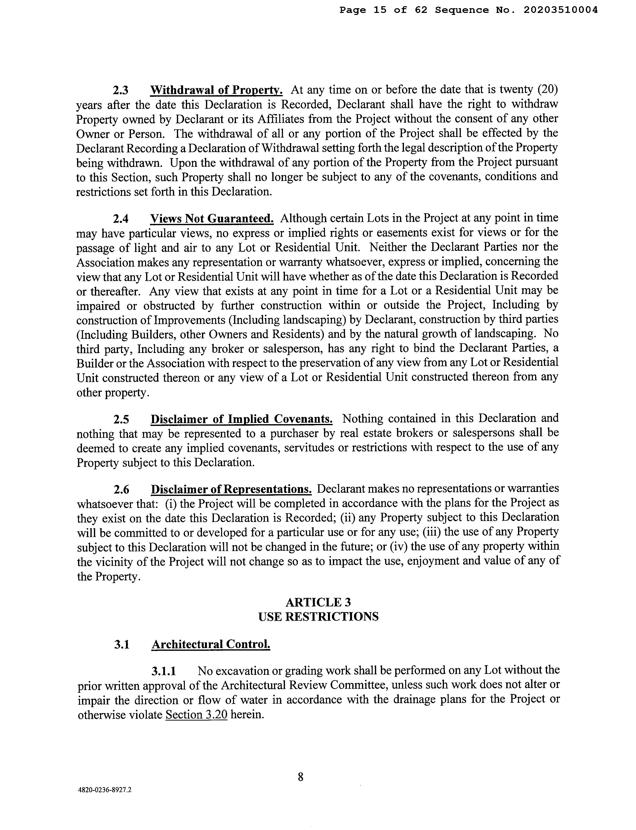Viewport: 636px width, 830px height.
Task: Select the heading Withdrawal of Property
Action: pos(216,90)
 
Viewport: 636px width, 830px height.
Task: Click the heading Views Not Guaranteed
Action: pos(212,219)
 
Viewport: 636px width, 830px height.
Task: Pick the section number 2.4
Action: pos(121,219)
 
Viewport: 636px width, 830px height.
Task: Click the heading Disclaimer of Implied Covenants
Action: pos(241,419)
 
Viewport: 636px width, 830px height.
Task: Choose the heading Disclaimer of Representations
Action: pos(231,489)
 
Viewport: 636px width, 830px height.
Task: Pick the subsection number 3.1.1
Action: pos(163,671)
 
